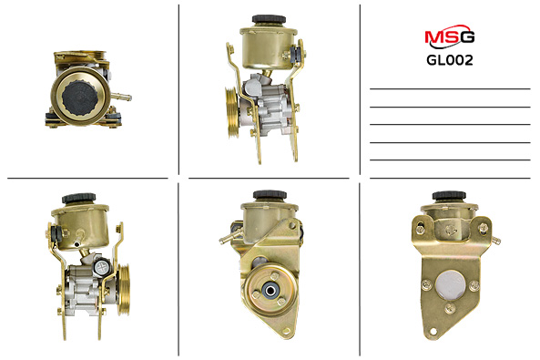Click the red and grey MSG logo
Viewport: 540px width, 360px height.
point(450,36)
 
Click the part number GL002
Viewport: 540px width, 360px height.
point(450,60)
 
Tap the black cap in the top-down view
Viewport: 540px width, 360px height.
point(80,98)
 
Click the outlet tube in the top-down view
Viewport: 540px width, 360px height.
point(121,97)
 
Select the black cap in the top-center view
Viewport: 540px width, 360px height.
point(269,19)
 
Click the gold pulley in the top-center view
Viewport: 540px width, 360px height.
point(231,112)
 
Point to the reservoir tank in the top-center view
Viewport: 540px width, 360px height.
point(268,47)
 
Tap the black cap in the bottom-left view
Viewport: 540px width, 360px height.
point(79,199)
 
